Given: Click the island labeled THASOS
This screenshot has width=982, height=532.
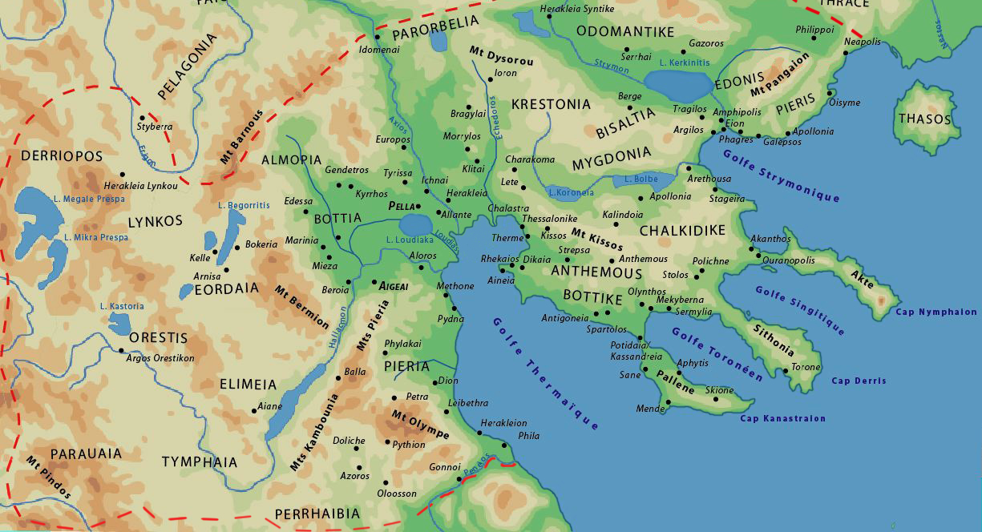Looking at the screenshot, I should coord(924,119).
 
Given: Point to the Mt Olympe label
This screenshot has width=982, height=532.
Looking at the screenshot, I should coord(419,424).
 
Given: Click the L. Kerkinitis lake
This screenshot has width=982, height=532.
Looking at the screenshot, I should coord(677,83).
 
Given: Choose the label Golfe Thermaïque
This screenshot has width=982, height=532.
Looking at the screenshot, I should coord(546,373).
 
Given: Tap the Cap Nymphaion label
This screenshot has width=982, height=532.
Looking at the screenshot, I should coord(936,312).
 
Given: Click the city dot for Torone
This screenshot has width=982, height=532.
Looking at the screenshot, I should coord(785,371).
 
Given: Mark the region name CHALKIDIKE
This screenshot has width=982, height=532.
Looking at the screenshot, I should coord(682,231).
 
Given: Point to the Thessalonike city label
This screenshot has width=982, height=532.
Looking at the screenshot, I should coord(549,218).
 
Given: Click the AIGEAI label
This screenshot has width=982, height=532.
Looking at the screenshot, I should coord(394,285).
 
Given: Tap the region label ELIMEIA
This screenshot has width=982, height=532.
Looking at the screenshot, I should coord(248,385).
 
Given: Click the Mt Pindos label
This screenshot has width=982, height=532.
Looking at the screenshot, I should coord(48,478).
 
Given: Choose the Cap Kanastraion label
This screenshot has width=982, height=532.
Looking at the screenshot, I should coord(782,418).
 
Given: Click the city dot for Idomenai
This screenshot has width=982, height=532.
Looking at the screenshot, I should coord(376,37).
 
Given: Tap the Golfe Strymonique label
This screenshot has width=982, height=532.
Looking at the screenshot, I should coord(781,175).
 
